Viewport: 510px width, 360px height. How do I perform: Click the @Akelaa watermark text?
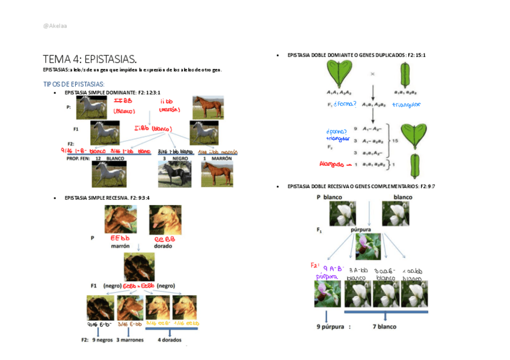tap(55, 26)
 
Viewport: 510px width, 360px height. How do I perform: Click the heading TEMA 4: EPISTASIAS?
tap(90, 59)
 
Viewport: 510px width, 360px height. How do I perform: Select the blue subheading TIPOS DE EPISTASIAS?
tap(74, 84)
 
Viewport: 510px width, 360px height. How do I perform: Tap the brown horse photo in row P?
tap(208, 108)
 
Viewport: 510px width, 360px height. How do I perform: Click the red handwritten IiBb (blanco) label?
tap(153, 129)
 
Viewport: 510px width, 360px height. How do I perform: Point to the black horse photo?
tap(174, 174)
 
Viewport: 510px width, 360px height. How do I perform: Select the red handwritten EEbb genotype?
tap(120, 238)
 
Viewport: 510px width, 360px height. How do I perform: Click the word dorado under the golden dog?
tap(163, 246)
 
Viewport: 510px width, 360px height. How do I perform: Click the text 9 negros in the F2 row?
tap(103, 340)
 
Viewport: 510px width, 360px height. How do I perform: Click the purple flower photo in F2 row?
tap(327, 294)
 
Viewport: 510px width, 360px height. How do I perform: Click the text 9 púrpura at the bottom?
tap(330, 327)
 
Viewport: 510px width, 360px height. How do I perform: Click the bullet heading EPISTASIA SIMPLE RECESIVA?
tap(107, 198)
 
